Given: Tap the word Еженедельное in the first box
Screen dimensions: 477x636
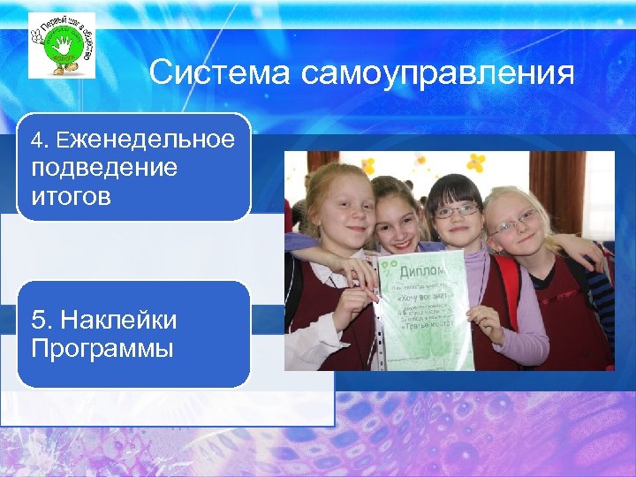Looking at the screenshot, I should (x=147, y=140).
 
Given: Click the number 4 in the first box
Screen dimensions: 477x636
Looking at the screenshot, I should (x=36, y=140).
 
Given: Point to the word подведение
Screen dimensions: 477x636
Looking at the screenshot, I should (x=103, y=168).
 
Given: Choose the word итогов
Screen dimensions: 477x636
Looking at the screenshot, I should (x=71, y=196).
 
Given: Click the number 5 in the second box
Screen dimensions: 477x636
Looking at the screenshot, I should (x=36, y=319).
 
